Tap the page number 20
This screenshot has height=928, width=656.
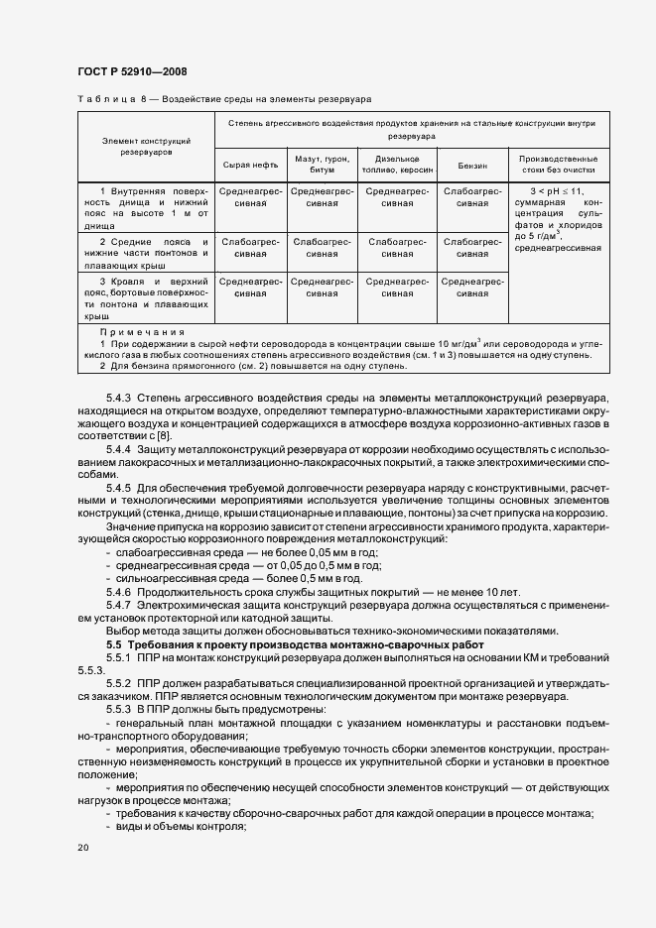tap(82, 848)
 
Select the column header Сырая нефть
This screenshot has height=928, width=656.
tap(251, 166)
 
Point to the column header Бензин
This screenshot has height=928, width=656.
tap(471, 166)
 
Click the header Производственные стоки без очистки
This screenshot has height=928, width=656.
tap(558, 166)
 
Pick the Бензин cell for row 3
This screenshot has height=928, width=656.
tap(471, 288)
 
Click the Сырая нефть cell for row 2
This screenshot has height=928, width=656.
tap(251, 247)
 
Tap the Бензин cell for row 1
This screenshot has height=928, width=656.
tap(471, 196)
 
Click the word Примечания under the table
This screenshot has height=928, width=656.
tap(144, 332)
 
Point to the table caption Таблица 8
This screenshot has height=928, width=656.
tap(109, 100)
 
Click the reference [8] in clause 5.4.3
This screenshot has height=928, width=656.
tap(166, 436)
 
